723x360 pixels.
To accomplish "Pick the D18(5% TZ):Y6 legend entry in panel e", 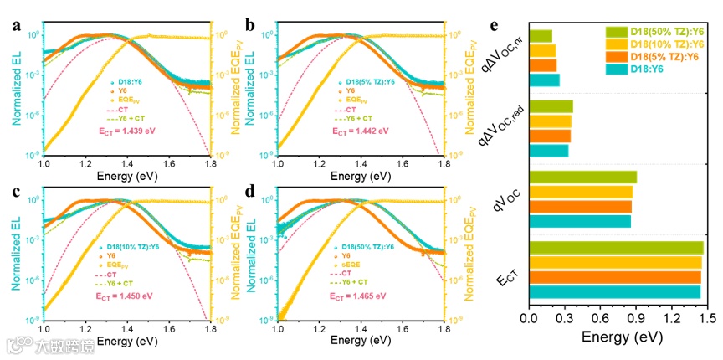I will pyautogui.click(x=656, y=56).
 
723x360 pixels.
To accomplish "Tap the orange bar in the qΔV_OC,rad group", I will pyautogui.click(x=550, y=136).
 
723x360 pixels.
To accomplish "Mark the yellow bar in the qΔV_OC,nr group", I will pyautogui.click(x=542, y=50).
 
